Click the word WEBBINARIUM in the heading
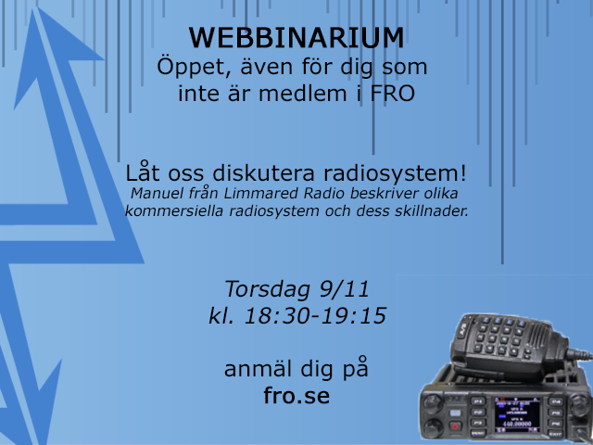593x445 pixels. (x=296, y=38)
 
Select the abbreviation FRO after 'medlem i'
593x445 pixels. (x=392, y=94)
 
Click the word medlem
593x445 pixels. (x=303, y=94)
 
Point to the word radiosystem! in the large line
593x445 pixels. (x=395, y=173)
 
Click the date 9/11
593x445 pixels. (x=345, y=289)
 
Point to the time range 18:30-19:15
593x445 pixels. (x=315, y=315)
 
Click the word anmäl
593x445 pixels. (x=259, y=369)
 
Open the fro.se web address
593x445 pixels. (x=296, y=396)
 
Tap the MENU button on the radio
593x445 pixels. (x=477, y=433)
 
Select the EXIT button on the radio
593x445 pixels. (x=555, y=434)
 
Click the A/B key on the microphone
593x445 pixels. (x=463, y=330)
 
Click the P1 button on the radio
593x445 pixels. (x=478, y=401)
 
